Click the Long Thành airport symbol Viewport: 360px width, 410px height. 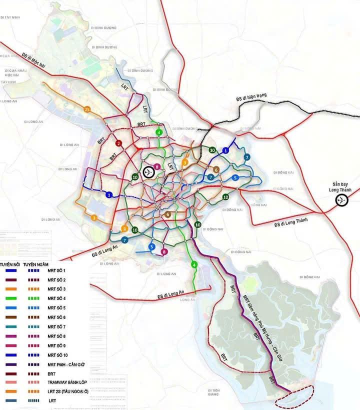342,200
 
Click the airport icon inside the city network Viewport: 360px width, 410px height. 148,172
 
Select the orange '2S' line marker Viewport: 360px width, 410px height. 87,109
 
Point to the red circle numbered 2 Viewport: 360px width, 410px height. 118,143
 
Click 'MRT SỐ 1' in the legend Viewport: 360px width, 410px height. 56,270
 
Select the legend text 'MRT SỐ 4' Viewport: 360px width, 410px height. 56,298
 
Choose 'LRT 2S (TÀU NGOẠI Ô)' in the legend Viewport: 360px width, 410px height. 68,391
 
